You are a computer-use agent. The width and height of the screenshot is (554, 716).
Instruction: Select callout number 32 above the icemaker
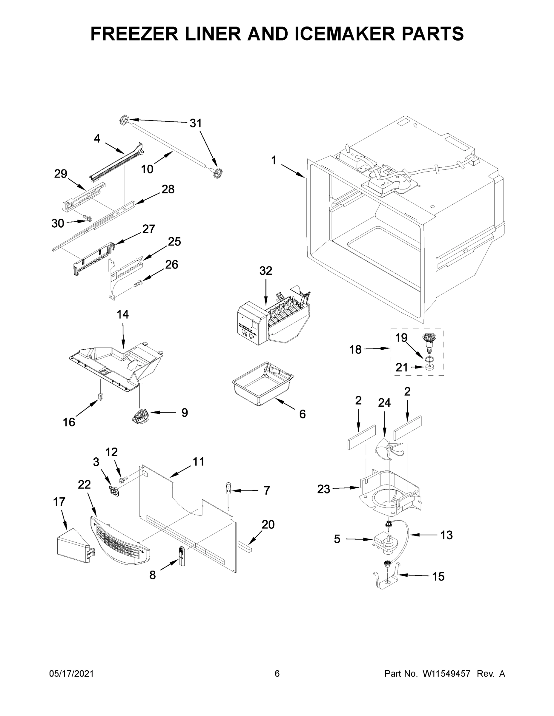(x=266, y=271)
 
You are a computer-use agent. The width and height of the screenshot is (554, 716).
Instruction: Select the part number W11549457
(x=446, y=674)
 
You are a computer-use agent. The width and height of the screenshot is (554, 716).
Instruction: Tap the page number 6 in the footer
(x=277, y=674)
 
